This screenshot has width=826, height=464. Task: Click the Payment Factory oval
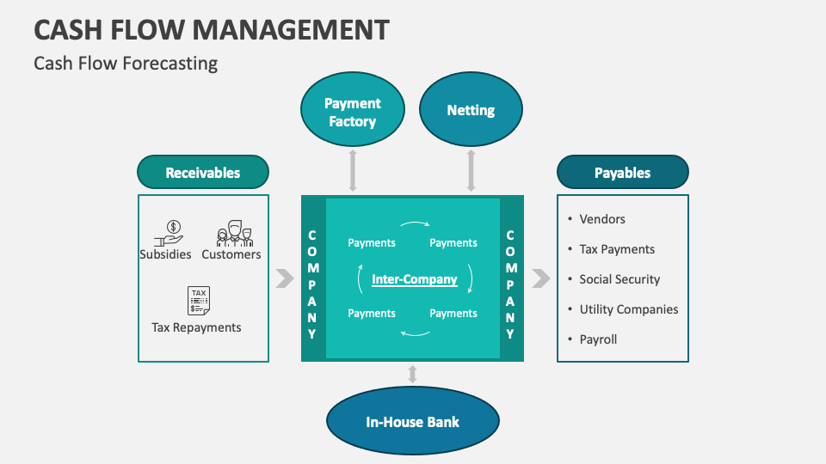coord(352,113)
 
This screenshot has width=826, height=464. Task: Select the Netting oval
coord(471,110)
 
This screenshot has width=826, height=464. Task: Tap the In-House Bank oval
coord(412,422)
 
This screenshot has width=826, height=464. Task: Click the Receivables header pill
coord(203,172)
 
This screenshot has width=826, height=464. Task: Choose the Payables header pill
coord(622,172)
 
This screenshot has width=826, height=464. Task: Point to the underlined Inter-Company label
coord(414,279)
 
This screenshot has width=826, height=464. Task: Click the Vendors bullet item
coord(601,219)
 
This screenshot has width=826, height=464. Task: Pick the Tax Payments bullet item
coord(616,249)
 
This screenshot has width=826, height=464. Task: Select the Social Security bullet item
coord(619,279)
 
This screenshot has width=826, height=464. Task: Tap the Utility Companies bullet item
coord(628,309)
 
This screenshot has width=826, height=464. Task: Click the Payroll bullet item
coord(598,339)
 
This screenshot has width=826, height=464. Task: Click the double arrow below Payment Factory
coord(352,169)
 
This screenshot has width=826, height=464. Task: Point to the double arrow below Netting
coord(471,169)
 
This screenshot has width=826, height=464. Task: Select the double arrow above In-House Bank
coord(412,374)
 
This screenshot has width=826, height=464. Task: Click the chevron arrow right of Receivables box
coord(284,278)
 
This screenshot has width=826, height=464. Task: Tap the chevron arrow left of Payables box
coord(541,278)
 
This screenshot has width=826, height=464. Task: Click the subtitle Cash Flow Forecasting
coord(126,64)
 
